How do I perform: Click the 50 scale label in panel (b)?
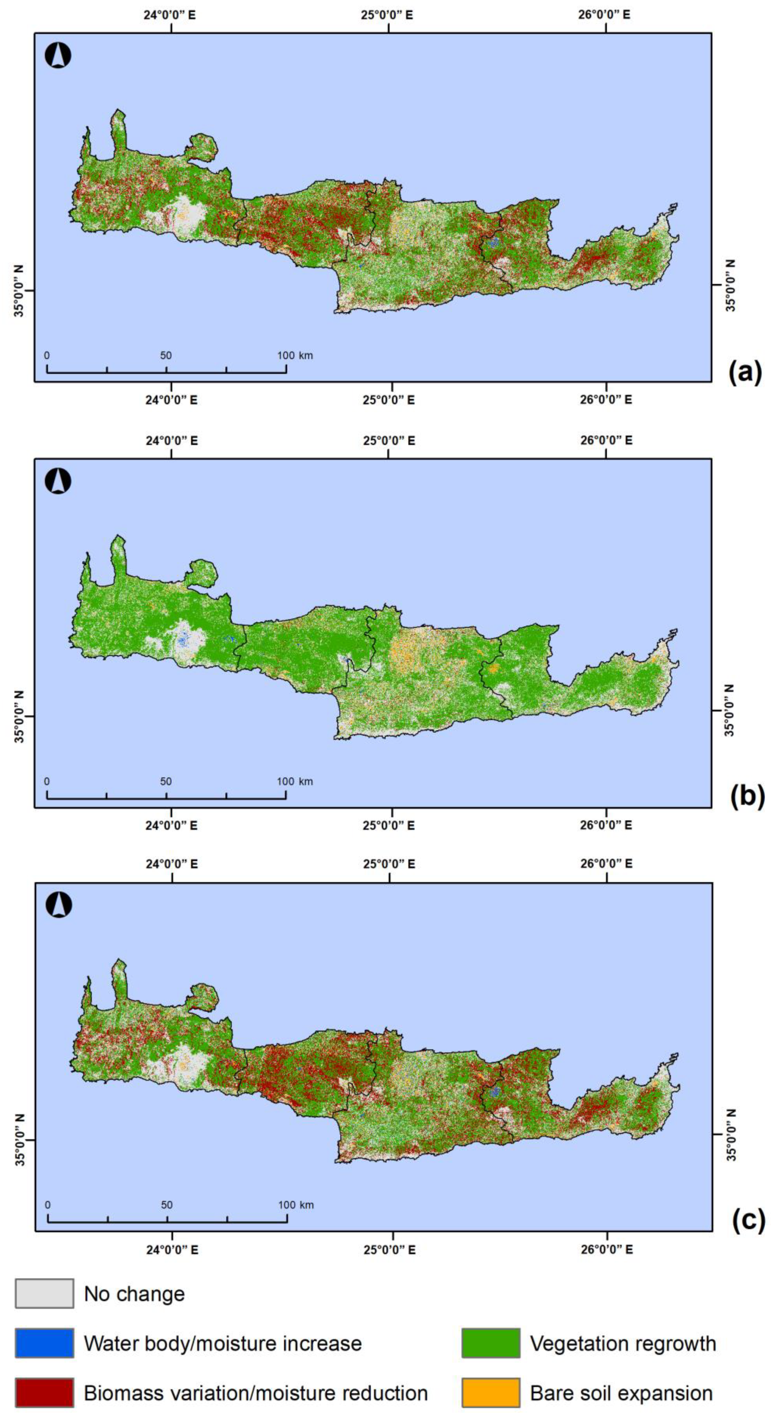click(166, 781)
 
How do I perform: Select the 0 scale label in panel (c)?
click(48, 1205)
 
